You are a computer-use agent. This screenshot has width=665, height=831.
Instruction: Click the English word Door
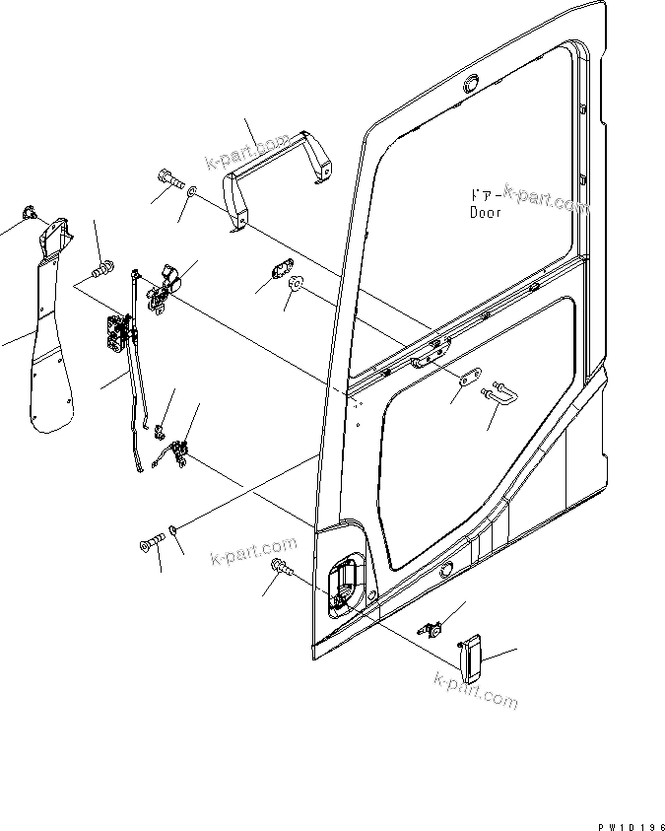(485, 212)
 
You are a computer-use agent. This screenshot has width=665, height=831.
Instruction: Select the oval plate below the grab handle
(283, 268)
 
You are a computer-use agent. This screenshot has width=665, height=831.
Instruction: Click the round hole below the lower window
(446, 570)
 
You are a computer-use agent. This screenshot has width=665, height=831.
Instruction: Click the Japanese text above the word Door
(483, 196)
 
